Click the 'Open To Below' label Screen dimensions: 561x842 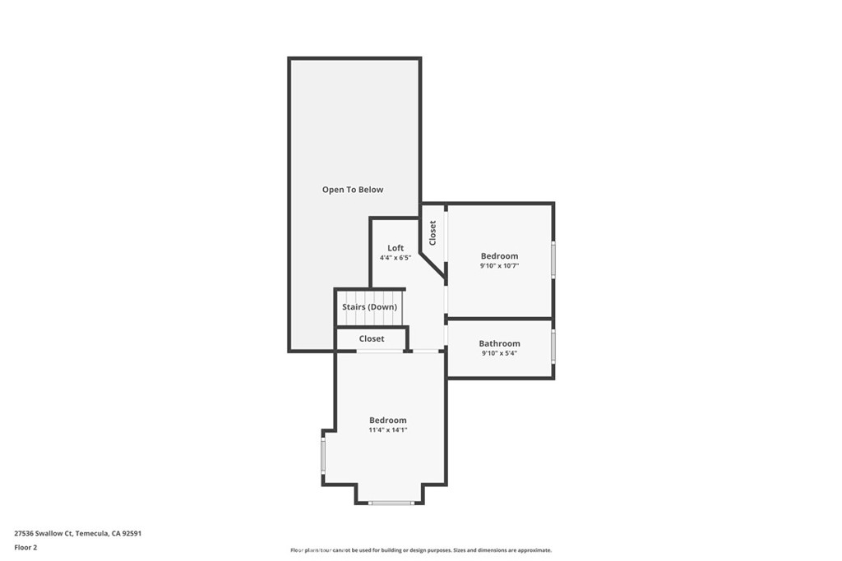[x=352, y=190]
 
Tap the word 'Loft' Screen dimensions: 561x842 [x=396, y=248]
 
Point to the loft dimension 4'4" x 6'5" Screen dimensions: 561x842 [x=396, y=258]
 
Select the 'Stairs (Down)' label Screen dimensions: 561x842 [x=369, y=307]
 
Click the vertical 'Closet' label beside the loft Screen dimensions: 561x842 [x=433, y=232]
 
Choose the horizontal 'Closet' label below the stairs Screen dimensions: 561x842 [x=372, y=338]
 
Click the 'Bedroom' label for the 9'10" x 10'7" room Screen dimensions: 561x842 [x=499, y=256]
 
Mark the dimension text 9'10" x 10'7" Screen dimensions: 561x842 [x=499, y=266]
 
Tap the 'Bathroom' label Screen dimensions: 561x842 [x=499, y=343]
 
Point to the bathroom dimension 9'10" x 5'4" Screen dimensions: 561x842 [x=499, y=353]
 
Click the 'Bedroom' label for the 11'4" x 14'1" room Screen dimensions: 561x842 [x=387, y=421]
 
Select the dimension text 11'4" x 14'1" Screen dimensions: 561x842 [x=387, y=430]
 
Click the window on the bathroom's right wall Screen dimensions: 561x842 [x=553, y=346]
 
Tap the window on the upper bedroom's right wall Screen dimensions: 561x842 [x=553, y=259]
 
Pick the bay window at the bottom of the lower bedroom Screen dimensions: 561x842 [x=391, y=502]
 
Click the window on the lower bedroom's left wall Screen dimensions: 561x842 [x=323, y=456]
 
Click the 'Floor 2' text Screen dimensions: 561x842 [x=25, y=547]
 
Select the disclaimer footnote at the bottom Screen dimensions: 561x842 [x=420, y=550]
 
